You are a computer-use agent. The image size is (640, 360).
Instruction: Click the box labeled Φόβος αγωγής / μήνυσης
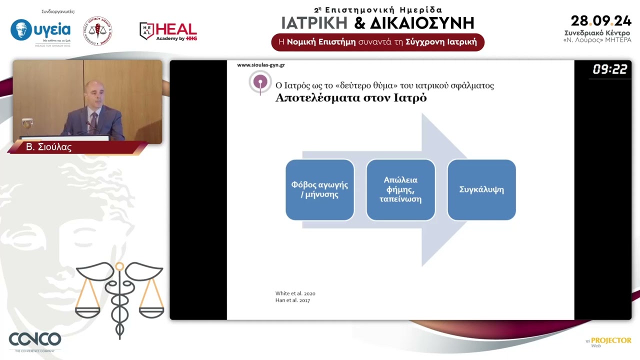click(319, 190)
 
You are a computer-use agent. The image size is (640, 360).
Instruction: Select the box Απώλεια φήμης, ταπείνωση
click(400, 190)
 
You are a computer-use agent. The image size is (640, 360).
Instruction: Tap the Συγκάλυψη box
click(481, 190)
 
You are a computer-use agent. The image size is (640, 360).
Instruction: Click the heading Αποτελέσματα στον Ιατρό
click(351, 98)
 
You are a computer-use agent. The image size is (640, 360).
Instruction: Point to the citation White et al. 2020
click(295, 293)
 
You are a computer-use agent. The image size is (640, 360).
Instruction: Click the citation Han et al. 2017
click(292, 300)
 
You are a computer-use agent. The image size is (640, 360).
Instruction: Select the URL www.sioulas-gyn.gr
click(260, 65)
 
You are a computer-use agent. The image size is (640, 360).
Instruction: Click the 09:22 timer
click(609, 69)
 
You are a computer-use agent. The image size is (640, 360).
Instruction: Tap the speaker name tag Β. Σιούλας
click(49, 147)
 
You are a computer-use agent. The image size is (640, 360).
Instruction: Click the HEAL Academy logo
click(168, 31)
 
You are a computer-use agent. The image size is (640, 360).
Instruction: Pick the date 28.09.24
click(601, 21)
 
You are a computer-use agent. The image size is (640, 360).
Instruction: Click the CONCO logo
click(35, 339)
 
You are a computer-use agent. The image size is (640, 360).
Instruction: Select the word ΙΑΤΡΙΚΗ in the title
click(314, 23)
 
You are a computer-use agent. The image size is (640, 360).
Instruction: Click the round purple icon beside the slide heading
click(260, 82)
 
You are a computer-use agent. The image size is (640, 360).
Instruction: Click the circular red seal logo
click(97, 31)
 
